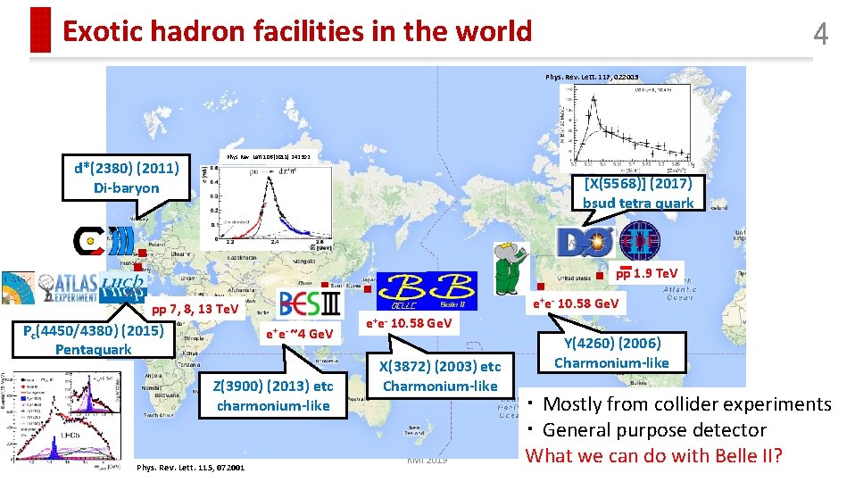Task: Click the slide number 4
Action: click(820, 34)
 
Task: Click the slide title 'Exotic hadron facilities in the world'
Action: click(297, 32)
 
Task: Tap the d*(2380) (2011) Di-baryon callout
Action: click(127, 178)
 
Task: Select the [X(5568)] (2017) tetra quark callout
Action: click(637, 193)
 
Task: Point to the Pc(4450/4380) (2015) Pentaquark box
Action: click(94, 340)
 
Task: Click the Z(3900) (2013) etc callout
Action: click(272, 395)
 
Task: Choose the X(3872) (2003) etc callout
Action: click(439, 376)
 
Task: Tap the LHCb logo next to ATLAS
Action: click(124, 285)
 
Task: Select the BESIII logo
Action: click(309, 303)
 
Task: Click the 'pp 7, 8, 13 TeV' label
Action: click(195, 310)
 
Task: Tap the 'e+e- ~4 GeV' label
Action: click(299, 334)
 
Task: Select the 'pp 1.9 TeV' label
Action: click(647, 273)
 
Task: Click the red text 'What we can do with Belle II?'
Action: click(653, 456)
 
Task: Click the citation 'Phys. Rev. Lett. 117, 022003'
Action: click(592, 77)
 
